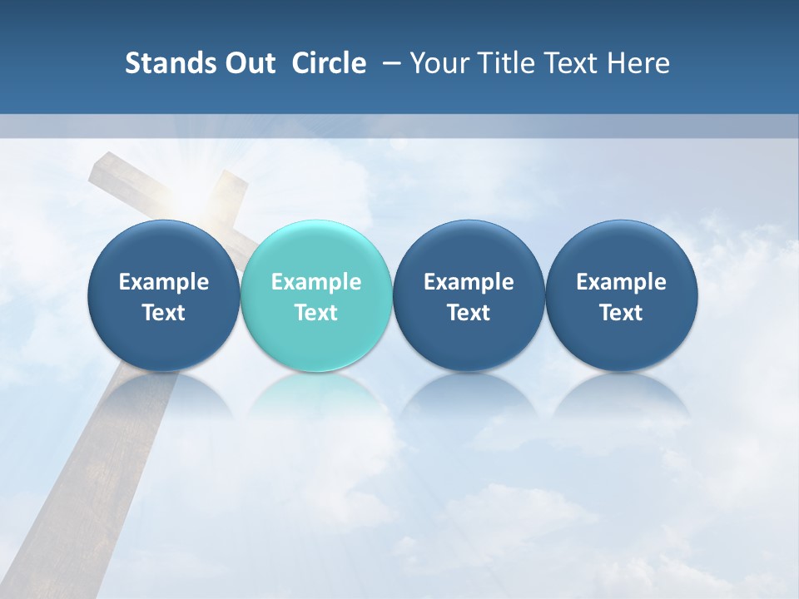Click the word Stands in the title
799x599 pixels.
click(168, 63)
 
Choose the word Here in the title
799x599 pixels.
click(638, 63)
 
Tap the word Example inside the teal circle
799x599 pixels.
click(316, 282)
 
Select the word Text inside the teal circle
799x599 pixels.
click(316, 313)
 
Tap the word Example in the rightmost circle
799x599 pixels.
click(622, 282)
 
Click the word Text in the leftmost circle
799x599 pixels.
click(164, 313)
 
